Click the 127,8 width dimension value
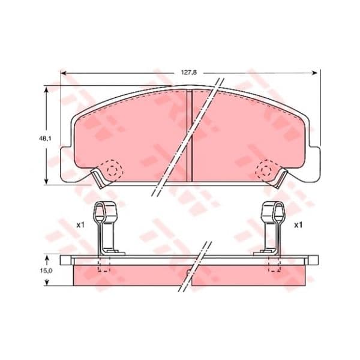(x=189, y=73)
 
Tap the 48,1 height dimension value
(x=44, y=139)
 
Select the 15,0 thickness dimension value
(x=46, y=271)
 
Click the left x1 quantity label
(x=80, y=225)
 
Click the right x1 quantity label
(x=298, y=225)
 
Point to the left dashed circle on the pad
(x=112, y=169)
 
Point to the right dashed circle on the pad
(x=266, y=169)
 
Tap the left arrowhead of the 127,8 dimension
(x=64, y=73)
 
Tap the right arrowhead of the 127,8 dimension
(x=314, y=73)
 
